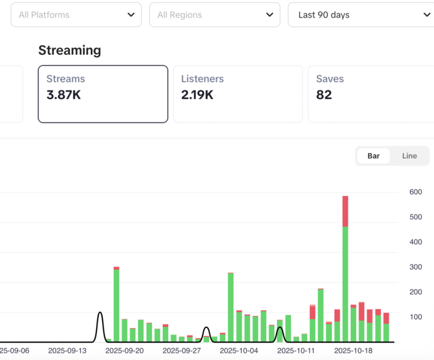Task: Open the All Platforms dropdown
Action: click(x=76, y=14)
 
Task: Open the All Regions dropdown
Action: click(x=215, y=14)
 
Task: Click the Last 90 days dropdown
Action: click(x=360, y=14)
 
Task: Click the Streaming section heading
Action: click(x=69, y=50)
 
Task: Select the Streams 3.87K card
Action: click(x=102, y=94)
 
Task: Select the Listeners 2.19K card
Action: click(x=237, y=94)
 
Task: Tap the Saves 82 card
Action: click(x=370, y=94)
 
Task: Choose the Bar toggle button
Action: click(x=374, y=156)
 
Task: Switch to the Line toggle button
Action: click(x=409, y=156)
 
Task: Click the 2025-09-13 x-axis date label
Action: click(x=67, y=350)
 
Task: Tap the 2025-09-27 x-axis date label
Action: click(x=181, y=350)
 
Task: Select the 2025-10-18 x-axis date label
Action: click(x=353, y=350)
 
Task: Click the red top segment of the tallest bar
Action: click(x=345, y=211)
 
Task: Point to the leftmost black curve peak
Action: click(x=100, y=313)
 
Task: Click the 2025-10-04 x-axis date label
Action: click(x=239, y=350)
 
